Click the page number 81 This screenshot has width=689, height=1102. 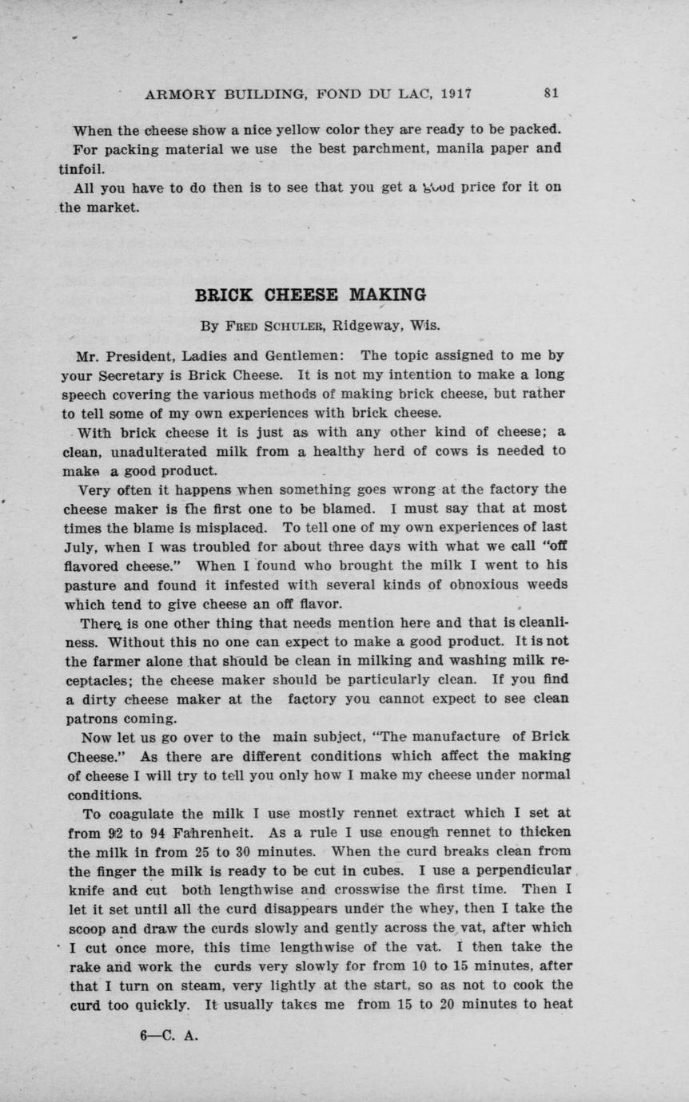[551, 93]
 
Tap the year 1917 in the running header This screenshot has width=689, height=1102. [456, 93]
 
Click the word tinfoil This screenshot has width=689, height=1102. [82, 168]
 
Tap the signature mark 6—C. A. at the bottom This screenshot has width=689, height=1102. [169, 1037]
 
